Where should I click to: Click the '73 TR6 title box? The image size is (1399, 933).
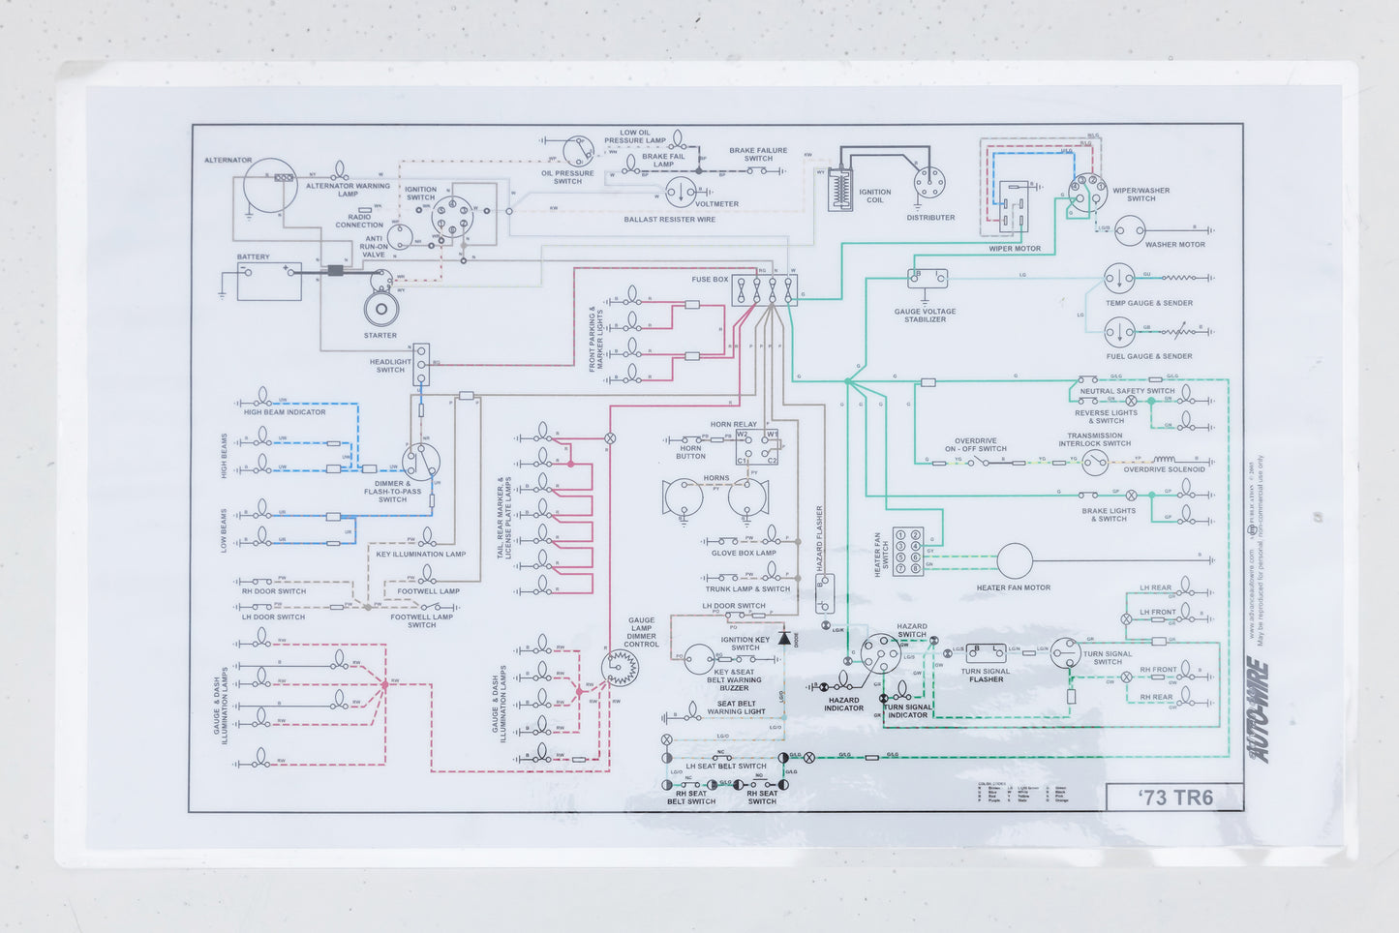(x=1174, y=797)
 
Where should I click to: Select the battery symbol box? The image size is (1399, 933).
(x=268, y=281)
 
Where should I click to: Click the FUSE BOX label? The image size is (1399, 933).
(x=710, y=280)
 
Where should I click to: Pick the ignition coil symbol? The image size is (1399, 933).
(x=839, y=190)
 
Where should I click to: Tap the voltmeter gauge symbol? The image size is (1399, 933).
(x=681, y=193)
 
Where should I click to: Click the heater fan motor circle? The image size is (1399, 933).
(x=1015, y=560)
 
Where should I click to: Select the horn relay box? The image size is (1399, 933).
(x=756, y=446)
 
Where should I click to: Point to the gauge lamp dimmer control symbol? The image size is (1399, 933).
(x=620, y=666)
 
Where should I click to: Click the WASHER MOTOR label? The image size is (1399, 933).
(x=1174, y=245)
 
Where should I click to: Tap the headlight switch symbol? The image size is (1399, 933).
(x=421, y=365)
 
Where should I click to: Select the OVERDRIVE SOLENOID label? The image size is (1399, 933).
(x=1164, y=469)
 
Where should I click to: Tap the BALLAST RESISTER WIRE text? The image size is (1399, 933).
(x=669, y=220)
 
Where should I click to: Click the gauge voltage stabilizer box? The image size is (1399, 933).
(x=927, y=279)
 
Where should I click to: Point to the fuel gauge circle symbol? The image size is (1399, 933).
(x=1119, y=332)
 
